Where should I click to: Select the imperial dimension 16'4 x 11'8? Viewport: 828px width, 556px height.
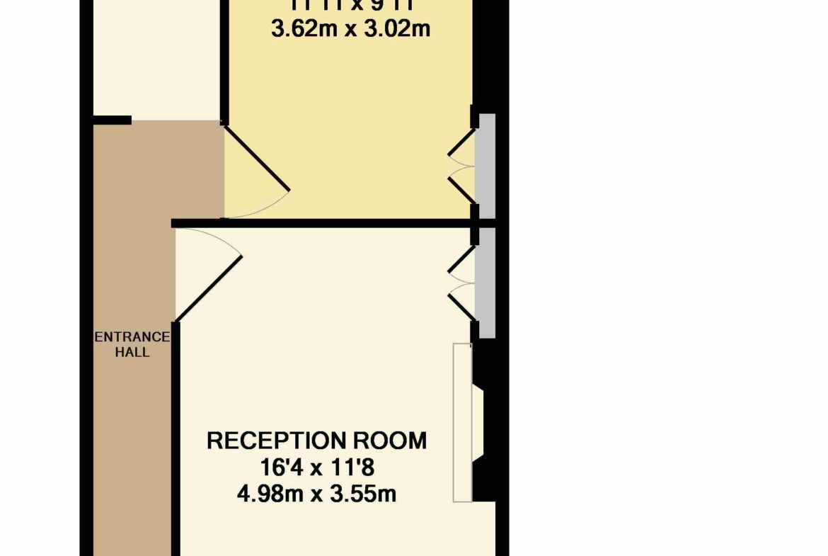(x=316, y=467)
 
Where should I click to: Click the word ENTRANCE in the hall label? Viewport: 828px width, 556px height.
(x=132, y=337)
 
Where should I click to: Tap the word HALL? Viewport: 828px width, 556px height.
(x=132, y=352)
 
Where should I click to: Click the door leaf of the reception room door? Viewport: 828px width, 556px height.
(x=209, y=288)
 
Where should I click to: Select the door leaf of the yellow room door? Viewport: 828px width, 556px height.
(x=257, y=158)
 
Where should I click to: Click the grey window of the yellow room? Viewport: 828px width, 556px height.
(x=485, y=166)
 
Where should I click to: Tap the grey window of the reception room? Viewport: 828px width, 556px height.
(x=485, y=282)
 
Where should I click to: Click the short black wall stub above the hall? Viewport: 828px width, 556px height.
(x=113, y=120)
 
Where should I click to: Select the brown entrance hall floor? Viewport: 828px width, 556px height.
(x=133, y=439)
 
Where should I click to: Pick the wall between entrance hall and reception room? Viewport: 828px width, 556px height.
(x=176, y=439)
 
